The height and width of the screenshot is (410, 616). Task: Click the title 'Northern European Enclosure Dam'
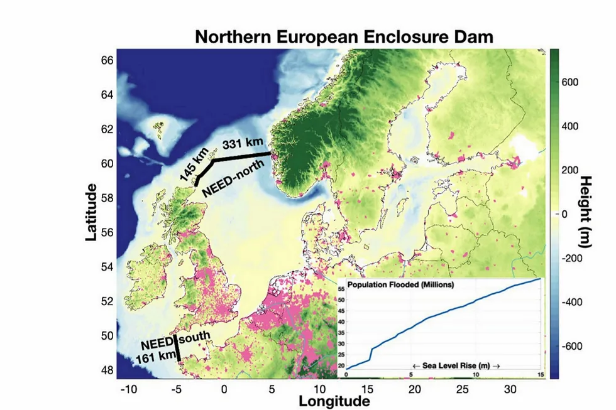344,36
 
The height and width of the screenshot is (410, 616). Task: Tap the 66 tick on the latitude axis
107,60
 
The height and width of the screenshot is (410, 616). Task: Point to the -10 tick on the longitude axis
128,389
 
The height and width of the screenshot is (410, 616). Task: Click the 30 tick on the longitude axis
510,389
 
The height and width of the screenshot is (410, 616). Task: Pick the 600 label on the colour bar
570,82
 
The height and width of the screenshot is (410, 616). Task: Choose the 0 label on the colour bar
564,214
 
